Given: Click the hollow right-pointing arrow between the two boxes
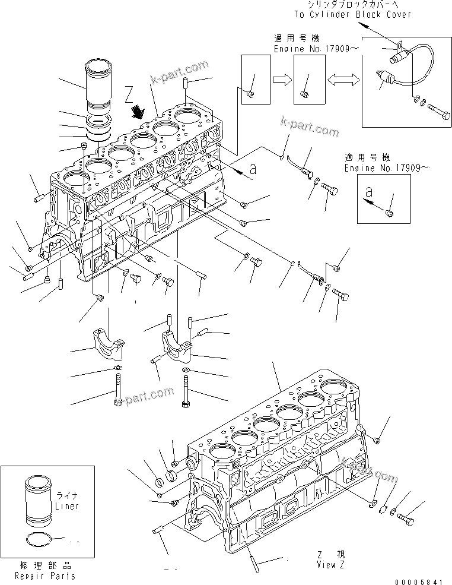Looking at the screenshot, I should pos(281,78).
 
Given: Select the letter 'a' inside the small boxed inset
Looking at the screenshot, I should pos(368,193).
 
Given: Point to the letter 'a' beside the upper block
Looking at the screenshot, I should pos(253,169).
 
